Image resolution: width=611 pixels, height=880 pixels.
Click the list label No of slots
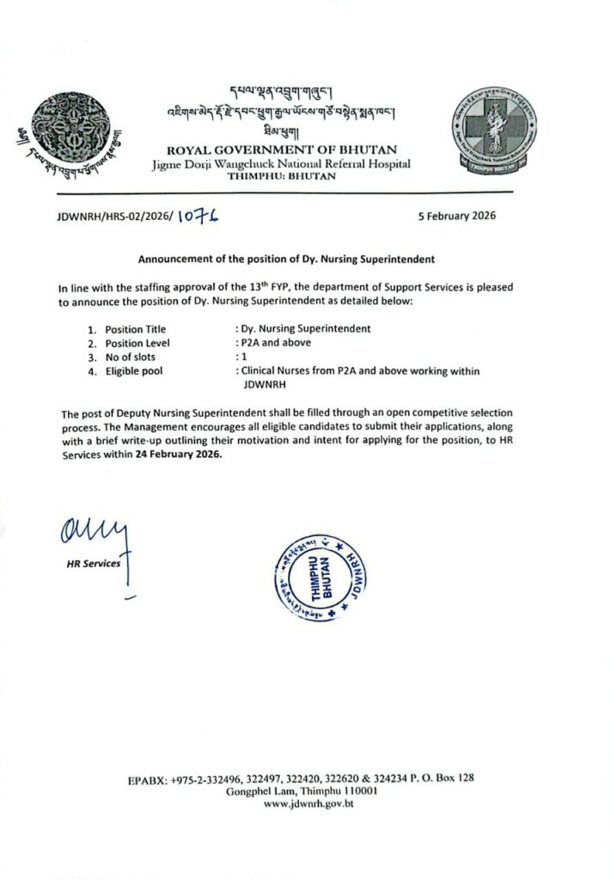131,357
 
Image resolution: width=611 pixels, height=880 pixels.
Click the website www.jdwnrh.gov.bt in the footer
309,804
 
